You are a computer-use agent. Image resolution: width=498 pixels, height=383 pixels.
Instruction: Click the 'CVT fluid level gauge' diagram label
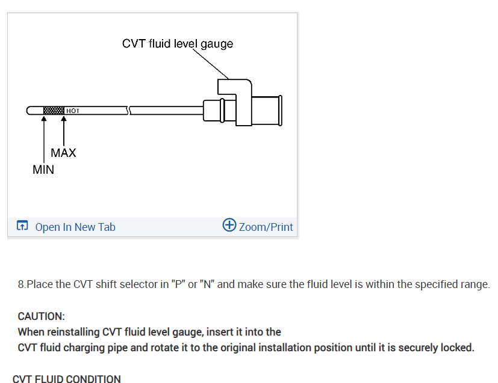pos(177,44)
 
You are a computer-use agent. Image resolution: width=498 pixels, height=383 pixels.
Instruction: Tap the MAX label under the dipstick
pos(63,153)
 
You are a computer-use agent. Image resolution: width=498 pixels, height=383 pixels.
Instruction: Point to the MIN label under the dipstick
pos(43,170)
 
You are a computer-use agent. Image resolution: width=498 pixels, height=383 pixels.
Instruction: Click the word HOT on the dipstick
pos(72,111)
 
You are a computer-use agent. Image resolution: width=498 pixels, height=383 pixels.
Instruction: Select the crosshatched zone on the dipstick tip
pos(54,111)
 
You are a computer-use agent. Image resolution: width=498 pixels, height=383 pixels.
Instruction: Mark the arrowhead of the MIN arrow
pos(43,119)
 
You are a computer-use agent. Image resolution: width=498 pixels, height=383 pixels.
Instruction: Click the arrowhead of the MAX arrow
pos(64,119)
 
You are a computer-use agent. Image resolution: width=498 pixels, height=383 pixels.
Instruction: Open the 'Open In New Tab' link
pos(75,227)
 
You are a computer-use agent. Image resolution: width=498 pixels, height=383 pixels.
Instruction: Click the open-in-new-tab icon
pos(22,227)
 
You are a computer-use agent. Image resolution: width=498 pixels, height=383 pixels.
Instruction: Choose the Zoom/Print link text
pos(266,227)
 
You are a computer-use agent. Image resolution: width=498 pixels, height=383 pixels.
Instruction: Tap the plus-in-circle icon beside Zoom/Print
pos(229,225)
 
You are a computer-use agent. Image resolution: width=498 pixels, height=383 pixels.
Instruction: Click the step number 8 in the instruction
pos(22,284)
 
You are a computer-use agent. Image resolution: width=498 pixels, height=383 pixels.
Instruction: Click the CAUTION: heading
pos(41,316)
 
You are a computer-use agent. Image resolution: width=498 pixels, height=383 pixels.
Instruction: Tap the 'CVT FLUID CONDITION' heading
pos(66,379)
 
